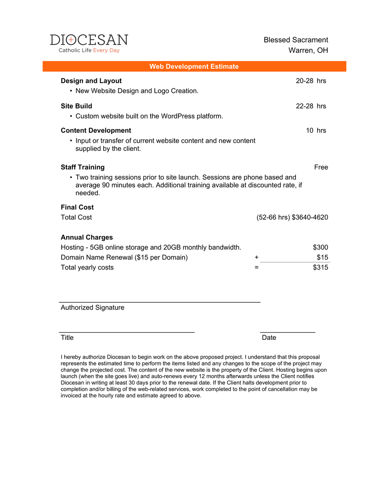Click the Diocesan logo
[x=89, y=43]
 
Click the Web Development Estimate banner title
[x=194, y=66]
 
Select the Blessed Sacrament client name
[x=296, y=40]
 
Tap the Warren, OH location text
[x=308, y=50]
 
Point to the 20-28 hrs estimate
[x=311, y=81]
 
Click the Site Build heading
[x=76, y=106]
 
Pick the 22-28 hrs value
[x=311, y=106]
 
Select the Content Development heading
[x=96, y=130]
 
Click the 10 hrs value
[x=316, y=130]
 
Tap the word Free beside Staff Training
[x=321, y=167]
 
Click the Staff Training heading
[x=83, y=167]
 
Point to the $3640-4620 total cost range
[x=310, y=217]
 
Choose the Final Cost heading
[x=77, y=207]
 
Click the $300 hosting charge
[x=321, y=247]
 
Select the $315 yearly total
[x=321, y=267]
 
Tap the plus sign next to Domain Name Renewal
[x=256, y=257]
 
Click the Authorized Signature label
[x=92, y=307]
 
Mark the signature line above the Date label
[x=287, y=332]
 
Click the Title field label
[x=67, y=337]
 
